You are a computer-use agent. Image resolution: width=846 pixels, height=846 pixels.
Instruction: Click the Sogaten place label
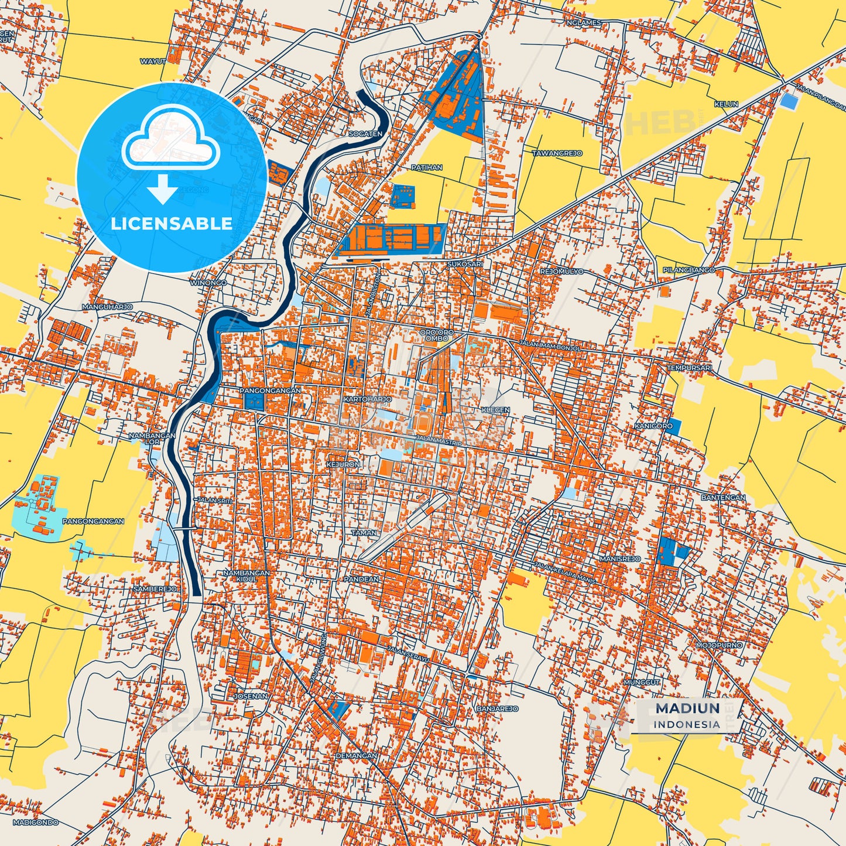pos(365,134)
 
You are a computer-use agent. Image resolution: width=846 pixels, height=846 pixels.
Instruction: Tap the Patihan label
pos(427,167)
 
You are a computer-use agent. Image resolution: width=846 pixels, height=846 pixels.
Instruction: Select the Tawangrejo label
pos(557,153)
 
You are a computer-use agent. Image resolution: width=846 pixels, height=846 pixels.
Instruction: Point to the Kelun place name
pos(726,104)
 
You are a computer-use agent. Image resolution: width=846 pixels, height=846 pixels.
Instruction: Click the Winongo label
pos(208,283)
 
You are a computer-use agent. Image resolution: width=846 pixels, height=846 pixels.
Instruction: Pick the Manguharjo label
pos(107,307)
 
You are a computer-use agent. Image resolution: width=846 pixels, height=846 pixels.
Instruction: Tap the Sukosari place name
pos(465,264)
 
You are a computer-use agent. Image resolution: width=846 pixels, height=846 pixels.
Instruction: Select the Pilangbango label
pos(689,270)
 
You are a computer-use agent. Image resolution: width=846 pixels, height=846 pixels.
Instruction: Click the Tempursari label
pos(690,368)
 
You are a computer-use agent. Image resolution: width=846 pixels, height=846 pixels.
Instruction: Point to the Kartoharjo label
pos(368,399)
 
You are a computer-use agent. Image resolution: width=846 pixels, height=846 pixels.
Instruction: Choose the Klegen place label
pos(495,410)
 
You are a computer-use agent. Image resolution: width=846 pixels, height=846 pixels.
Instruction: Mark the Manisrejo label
pos(620,559)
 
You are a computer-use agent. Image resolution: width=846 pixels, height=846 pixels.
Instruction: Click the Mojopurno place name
pos(719,645)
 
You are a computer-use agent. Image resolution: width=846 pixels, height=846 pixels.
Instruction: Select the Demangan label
pos(357,756)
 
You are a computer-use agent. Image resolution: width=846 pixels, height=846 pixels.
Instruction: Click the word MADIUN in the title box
pos(687,708)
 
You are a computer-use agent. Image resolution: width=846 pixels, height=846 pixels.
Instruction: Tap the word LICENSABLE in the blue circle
pos(172,224)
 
